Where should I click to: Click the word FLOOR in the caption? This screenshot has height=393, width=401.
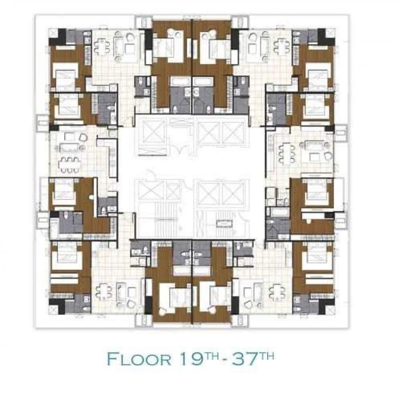pyautogui.click(x=139, y=359)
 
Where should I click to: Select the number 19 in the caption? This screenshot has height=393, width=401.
pyautogui.click(x=191, y=358)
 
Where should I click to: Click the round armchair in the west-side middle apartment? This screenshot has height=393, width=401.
pyautogui.click(x=84, y=137)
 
